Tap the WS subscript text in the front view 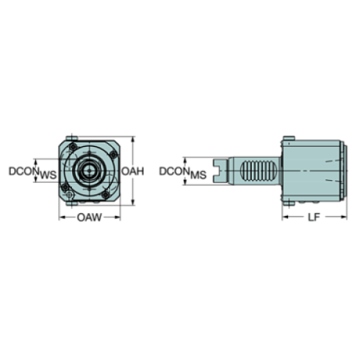(47, 176)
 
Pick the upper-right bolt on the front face (107, 151)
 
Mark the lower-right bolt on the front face (107, 192)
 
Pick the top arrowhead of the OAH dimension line (132, 139)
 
